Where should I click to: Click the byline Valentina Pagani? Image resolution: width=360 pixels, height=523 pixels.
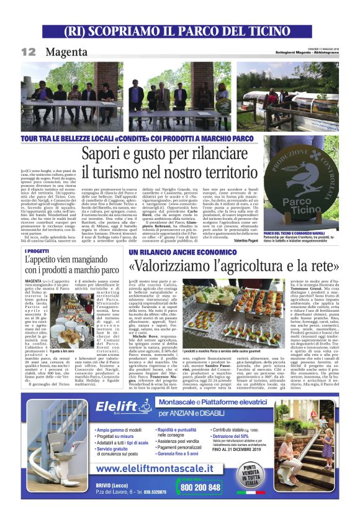pyautogui.click(x=240, y=240)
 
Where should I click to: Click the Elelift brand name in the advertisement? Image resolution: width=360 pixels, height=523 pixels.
pyautogui.click(x=120, y=407)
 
